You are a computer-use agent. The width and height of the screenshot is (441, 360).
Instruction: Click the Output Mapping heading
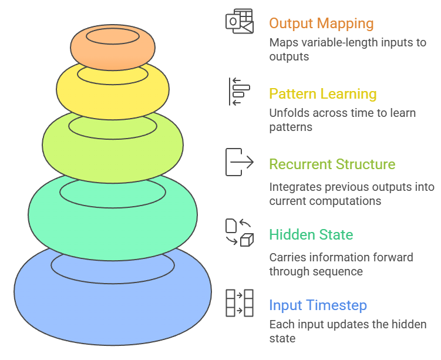pyautogui.click(x=321, y=23)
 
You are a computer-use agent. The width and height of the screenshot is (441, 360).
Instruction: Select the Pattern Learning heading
pyautogui.click(x=322, y=94)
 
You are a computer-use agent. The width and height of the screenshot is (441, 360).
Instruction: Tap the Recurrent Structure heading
pyautogui.click(x=332, y=164)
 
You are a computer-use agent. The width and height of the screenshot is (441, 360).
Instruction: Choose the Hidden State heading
pyautogui.click(x=311, y=235)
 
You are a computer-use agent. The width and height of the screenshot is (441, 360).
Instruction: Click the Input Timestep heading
pyautogui.click(x=318, y=305)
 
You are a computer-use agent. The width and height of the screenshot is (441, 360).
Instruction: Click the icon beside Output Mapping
pyautogui.click(x=240, y=22)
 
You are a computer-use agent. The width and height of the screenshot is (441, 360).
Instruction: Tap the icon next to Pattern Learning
pyautogui.click(x=239, y=92)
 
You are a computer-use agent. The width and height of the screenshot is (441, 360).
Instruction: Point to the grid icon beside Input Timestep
pyautogui.click(x=240, y=303)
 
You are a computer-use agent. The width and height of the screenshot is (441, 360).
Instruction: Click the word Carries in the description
pyautogui.click(x=287, y=257)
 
